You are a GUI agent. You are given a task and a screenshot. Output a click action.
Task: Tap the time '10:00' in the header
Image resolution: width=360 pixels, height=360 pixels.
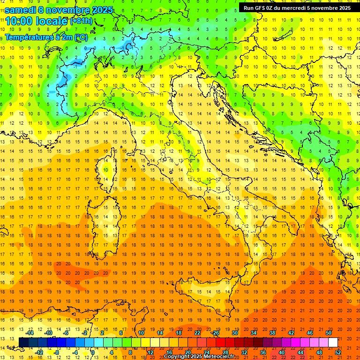20,21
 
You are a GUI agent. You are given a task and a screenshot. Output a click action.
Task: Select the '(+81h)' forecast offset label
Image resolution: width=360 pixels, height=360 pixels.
81,21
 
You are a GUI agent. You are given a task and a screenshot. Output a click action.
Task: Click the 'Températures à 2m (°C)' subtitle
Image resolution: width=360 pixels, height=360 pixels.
46,37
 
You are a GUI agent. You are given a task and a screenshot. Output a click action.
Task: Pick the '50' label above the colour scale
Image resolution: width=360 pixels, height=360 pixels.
328,333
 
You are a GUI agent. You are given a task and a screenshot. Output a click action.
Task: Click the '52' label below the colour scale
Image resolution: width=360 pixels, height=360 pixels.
338,352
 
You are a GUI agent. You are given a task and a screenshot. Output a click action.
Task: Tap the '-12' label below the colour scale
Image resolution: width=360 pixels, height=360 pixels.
39,352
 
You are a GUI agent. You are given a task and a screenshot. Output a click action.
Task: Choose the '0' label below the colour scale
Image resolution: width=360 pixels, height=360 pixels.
93,352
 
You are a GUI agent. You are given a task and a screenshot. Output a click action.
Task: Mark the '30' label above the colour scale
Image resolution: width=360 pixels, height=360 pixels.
234,333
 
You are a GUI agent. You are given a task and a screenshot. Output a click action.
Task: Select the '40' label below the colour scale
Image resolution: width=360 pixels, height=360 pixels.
281,352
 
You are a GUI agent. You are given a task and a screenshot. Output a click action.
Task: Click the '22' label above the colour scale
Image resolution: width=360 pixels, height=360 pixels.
197,333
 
